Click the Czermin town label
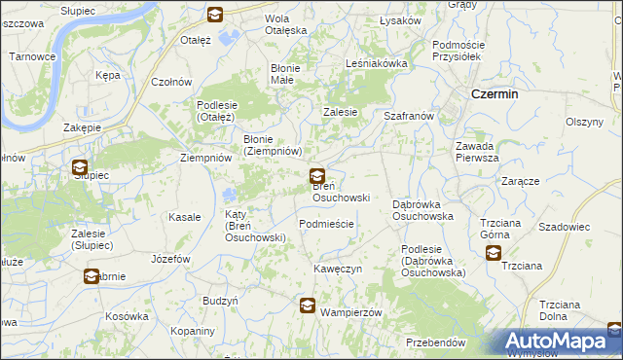coord(493,94)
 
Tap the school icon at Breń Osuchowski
coord(317,177)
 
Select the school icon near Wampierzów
coord(308,306)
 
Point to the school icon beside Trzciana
coord(494,253)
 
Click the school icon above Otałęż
coord(215,15)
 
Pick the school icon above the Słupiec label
coord(80,167)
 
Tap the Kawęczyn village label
coord(338,268)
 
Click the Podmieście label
coord(326,224)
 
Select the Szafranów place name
coord(408,115)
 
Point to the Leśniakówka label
coord(376,63)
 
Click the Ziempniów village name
coord(206,158)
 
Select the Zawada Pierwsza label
coord(477,152)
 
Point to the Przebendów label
coord(436,343)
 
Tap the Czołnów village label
coord(171,82)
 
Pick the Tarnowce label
coord(32,56)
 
